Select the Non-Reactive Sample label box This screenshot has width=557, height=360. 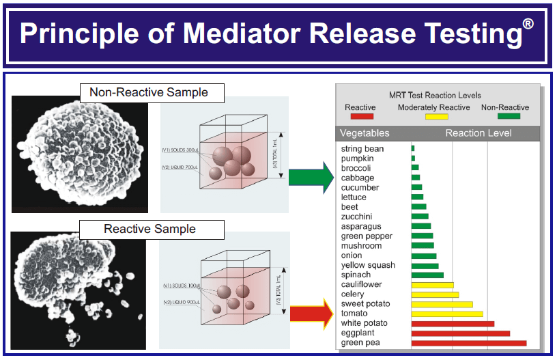pyautogui.click(x=149, y=92)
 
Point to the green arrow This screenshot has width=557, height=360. pyautogui.click(x=311, y=177)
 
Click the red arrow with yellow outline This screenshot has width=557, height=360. pyautogui.click(x=311, y=314)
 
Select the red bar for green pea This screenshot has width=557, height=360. pyautogui.click(x=468, y=342)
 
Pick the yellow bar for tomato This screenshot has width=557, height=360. pyautogui.click(x=446, y=314)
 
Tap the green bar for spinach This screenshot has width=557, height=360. pyautogui.click(x=427, y=275)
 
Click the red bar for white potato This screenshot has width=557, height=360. pyautogui.click(x=452, y=323)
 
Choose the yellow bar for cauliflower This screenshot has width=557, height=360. pyautogui.click(x=432, y=284)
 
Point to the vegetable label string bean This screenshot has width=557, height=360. pyautogui.click(x=362, y=148)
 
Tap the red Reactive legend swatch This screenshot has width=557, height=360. pyautogui.click(x=360, y=117)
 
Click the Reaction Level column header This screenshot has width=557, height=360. pyautogui.click(x=478, y=133)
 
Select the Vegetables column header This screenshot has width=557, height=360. pyautogui.click(x=365, y=133)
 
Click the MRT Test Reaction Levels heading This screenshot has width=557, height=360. pyautogui.click(x=435, y=95)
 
